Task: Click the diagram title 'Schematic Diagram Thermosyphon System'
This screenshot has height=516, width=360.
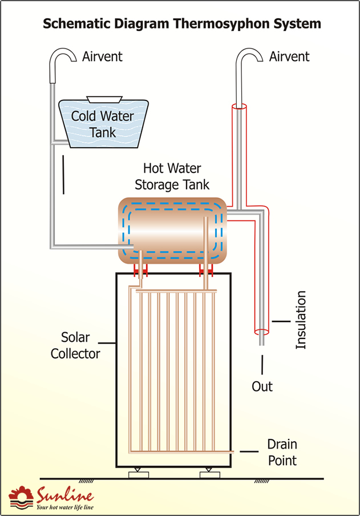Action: pos(182,24)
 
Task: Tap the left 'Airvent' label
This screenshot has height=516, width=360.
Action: pos(102,57)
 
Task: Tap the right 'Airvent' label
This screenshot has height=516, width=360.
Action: pos(289,57)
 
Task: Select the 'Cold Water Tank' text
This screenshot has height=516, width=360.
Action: pos(103,124)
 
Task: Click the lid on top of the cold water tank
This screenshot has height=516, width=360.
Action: pos(104,99)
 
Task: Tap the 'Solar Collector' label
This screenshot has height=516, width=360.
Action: pos(75,345)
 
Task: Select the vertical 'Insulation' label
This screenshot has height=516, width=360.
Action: pos(301,320)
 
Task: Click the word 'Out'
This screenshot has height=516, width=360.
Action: pos(262,386)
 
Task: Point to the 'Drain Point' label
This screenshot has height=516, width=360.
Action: pos(282,452)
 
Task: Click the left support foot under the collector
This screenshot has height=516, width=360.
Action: pos(139,474)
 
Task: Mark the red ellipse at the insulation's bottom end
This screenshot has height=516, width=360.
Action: pos(261,332)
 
